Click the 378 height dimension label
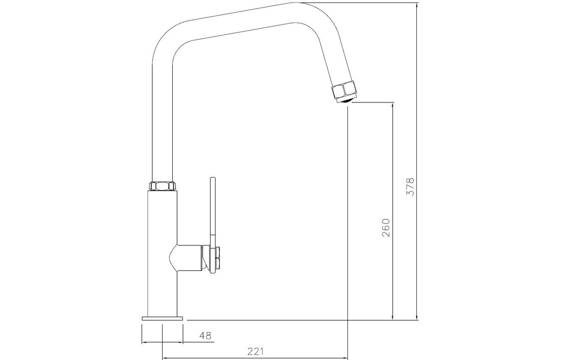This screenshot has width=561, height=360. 410,186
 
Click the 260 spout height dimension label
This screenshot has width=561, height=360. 386,227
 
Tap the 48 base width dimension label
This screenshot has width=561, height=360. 205,336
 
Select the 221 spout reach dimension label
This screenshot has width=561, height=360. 255,351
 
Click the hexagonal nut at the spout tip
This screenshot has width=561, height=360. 344,90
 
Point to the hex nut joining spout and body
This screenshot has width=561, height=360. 163,186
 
